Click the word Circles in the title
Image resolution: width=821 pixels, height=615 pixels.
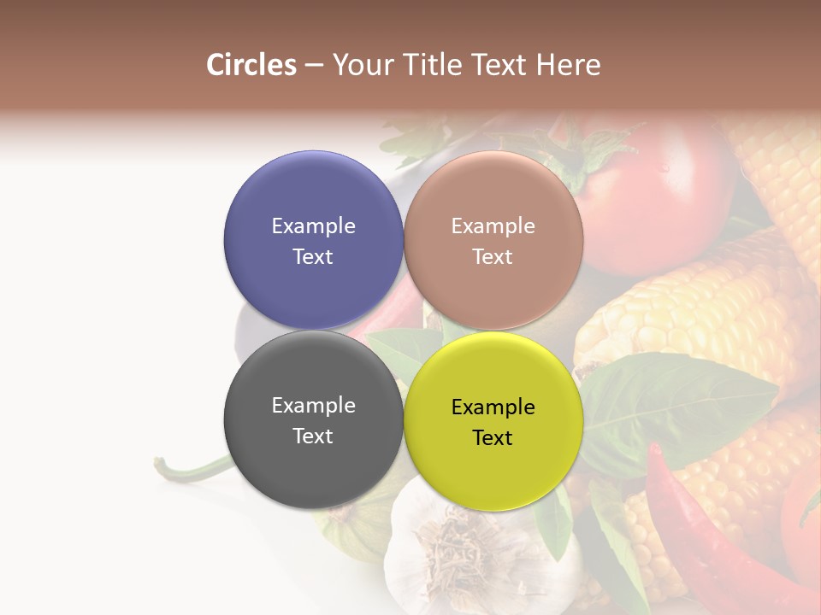pyautogui.click(x=251, y=65)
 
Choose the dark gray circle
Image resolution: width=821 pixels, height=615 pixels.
pyautogui.click(x=313, y=461)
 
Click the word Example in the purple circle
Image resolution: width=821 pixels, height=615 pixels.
pyautogui.click(x=313, y=225)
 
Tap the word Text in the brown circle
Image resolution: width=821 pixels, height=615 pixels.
pyautogui.click(x=493, y=256)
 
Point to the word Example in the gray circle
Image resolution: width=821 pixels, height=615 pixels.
pyautogui.click(x=313, y=405)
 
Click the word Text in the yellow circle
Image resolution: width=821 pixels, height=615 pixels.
pyautogui.click(x=493, y=437)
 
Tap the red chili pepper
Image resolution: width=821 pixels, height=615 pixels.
pyautogui.click(x=701, y=530)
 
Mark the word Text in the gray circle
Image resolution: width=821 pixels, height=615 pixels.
pyautogui.click(x=313, y=436)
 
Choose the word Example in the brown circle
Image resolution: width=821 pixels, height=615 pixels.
pyautogui.click(x=493, y=225)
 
